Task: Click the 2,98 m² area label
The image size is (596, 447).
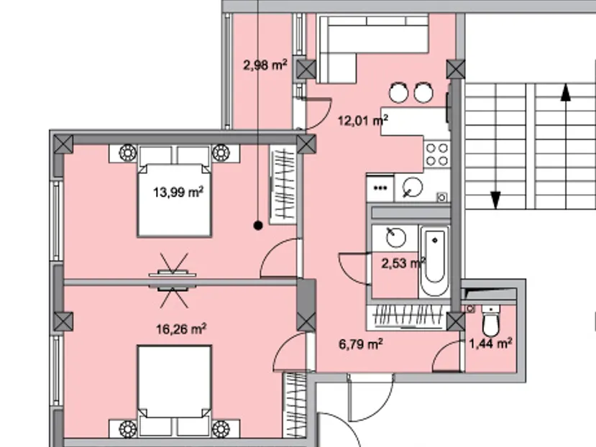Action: click(265, 65)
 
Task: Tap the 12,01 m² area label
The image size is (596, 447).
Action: click(363, 121)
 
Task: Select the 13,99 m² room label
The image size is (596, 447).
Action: click(178, 192)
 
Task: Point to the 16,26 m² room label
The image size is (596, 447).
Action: click(181, 329)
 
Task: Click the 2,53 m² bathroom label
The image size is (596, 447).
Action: click(403, 263)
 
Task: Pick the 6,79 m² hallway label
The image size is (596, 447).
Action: click(361, 344)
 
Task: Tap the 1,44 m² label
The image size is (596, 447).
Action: click(491, 344)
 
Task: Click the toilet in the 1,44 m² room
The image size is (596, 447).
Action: click(491, 321)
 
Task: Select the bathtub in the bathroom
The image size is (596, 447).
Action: click(434, 261)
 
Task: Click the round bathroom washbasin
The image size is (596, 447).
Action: click(395, 238)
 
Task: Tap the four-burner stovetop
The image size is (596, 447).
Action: click(436, 155)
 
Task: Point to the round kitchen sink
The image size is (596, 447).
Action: click(413, 187)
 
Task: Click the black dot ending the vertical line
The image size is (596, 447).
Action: click(258, 226)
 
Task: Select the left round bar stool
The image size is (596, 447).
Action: click(399, 93)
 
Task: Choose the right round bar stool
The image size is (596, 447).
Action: click(423, 93)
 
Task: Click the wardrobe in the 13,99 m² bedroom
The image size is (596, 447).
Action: click(283, 185)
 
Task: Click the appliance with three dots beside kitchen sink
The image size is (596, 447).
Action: click(380, 188)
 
